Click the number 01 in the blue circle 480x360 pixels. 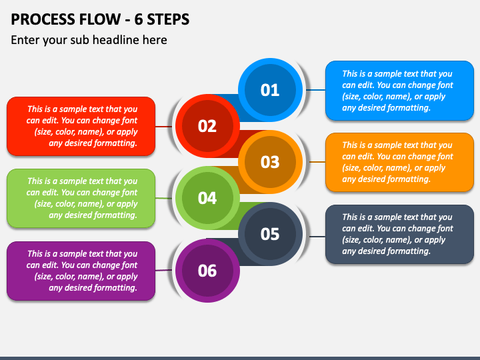click(x=270, y=90)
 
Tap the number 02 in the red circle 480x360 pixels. click(x=207, y=126)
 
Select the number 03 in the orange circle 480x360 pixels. click(x=270, y=162)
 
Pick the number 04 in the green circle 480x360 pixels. click(x=207, y=198)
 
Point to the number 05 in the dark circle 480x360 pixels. click(x=270, y=234)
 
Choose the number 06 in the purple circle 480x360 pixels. click(x=207, y=271)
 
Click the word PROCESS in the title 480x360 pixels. click(x=43, y=19)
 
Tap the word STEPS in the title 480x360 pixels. click(x=168, y=19)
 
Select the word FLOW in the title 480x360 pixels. click(x=100, y=19)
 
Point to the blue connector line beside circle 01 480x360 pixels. click(x=315, y=90)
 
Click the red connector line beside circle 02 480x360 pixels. click(x=163, y=127)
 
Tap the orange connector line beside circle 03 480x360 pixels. click(x=317, y=161)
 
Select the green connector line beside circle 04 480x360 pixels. click(x=163, y=199)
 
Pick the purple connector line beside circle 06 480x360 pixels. click(x=163, y=270)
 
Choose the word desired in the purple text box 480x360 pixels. click(x=73, y=288)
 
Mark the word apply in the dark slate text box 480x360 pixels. click(x=435, y=240)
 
